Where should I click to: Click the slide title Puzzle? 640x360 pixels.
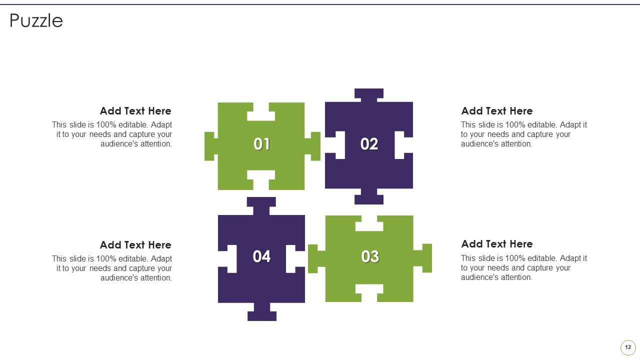point(36,21)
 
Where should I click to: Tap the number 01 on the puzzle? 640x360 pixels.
point(261,143)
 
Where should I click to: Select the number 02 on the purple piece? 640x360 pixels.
point(369,143)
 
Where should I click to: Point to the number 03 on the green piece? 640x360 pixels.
point(370,256)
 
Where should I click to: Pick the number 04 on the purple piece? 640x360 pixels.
point(261,256)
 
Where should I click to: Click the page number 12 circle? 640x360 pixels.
point(628,347)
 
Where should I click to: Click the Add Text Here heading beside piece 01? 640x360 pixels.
point(135,111)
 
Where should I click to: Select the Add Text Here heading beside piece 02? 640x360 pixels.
point(497,111)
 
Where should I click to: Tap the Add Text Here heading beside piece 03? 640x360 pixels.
point(497,244)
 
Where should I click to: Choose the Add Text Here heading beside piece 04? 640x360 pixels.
point(135,245)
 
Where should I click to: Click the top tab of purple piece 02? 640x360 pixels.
point(369,95)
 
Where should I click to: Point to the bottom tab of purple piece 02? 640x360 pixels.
point(369,196)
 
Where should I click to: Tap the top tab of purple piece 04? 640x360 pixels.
point(261,205)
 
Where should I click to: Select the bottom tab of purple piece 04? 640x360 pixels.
point(261,312)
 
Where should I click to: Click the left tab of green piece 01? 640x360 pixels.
point(211,146)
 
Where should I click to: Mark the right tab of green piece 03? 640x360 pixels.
point(423,258)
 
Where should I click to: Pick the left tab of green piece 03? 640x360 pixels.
point(316,259)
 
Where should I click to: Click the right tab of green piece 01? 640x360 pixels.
point(312,146)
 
